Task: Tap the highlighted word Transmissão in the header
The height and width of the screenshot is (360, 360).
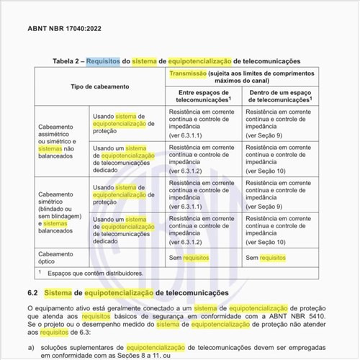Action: pos(189,74)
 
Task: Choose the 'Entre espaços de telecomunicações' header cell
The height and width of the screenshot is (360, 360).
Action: pos(202,96)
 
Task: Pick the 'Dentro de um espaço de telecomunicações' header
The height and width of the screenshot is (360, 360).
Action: pos(281,96)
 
